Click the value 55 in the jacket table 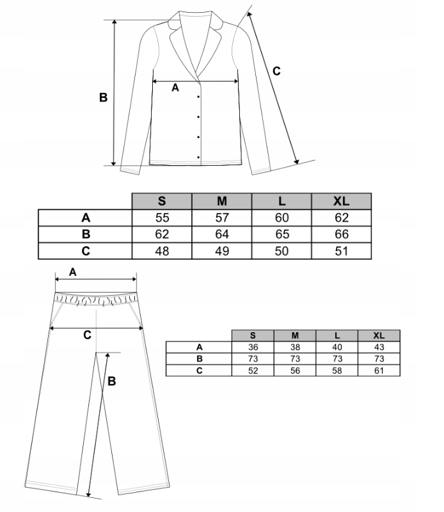point(162,218)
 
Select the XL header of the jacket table point(341,201)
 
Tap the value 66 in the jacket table point(341,234)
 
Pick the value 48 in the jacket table point(162,251)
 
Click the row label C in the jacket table point(86,251)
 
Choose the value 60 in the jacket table point(281,218)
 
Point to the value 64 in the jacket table point(222,234)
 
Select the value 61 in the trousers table point(379,369)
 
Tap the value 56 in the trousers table point(294,369)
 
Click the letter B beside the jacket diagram point(103,98)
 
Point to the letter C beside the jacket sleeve point(276,71)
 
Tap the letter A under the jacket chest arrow point(175,89)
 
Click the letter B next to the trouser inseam point(111,381)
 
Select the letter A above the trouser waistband point(72,272)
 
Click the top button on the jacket point(199,97)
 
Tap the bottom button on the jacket point(199,157)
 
